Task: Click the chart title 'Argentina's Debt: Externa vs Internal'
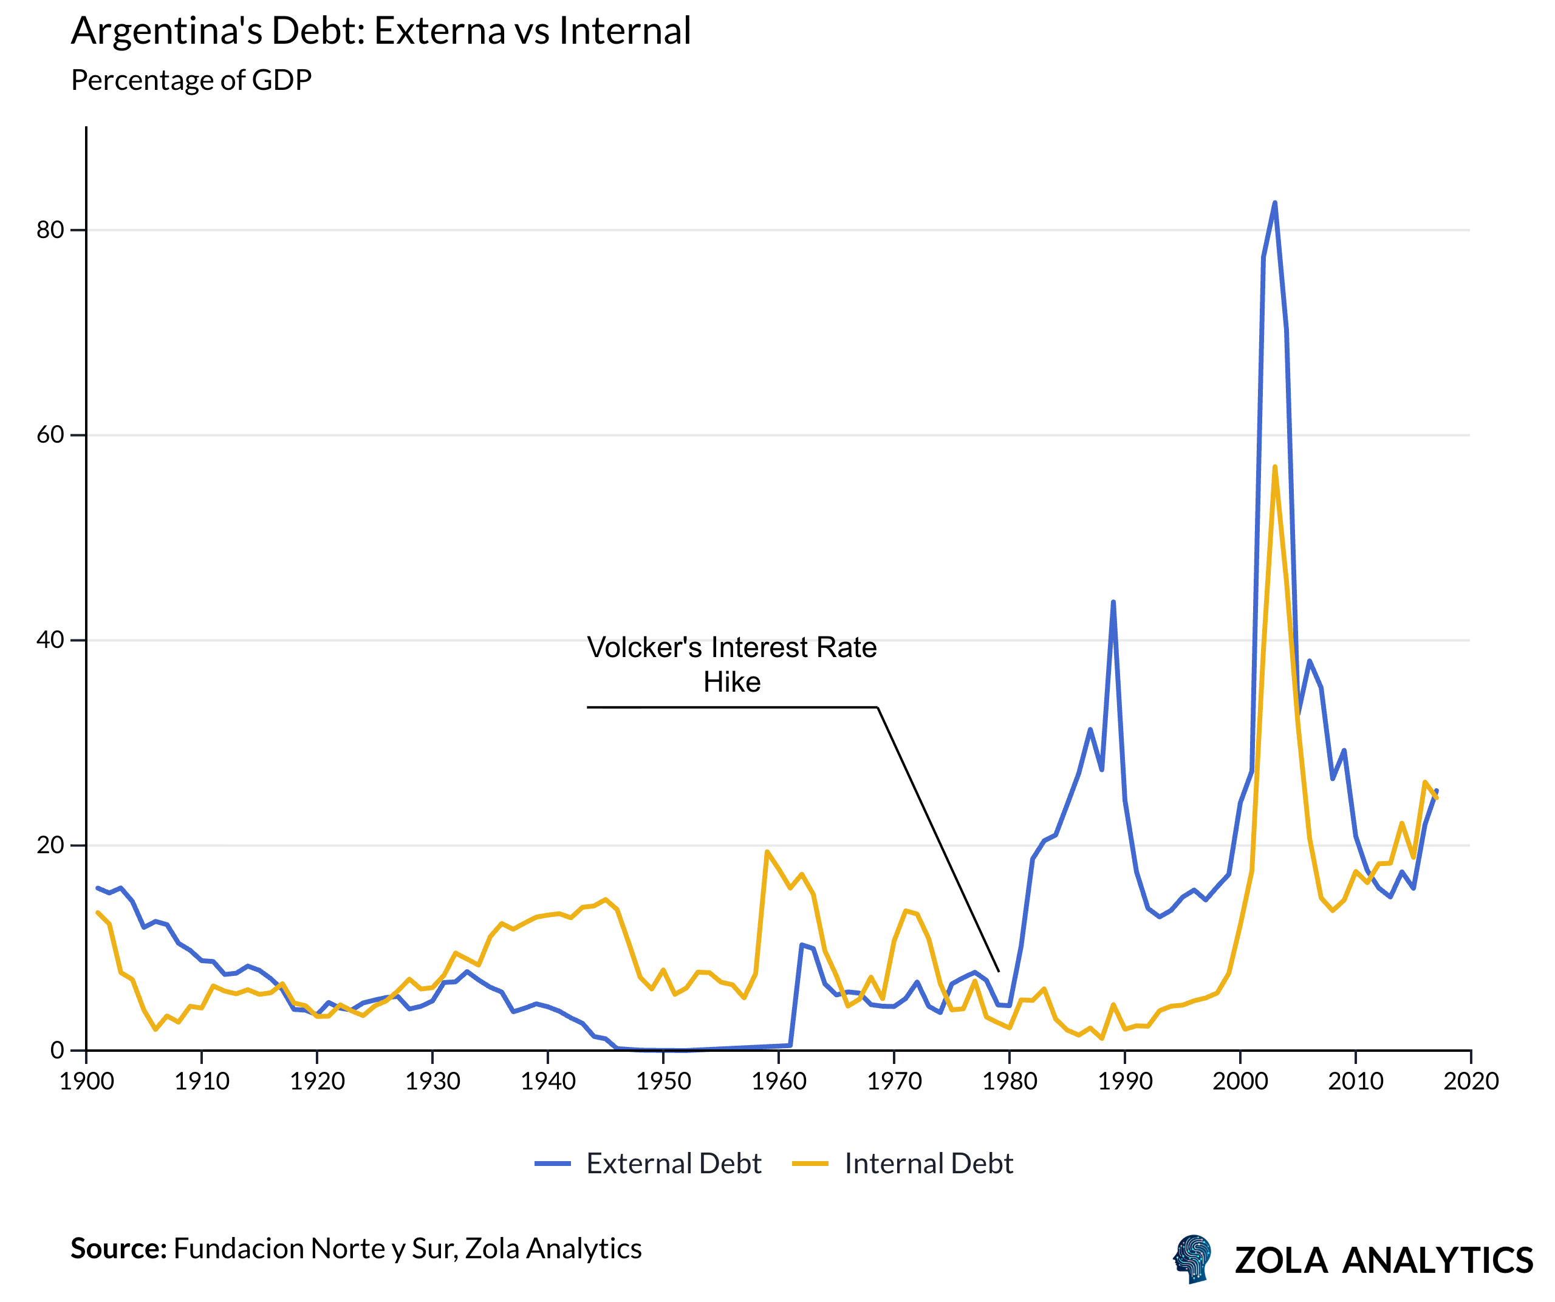pos(381,31)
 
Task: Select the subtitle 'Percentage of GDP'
pos(191,80)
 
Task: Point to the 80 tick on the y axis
pos(50,230)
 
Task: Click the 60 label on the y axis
pos(50,435)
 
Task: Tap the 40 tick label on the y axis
pos(50,640)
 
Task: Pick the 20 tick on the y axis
pos(50,845)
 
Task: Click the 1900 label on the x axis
pos(87,1082)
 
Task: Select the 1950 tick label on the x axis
pos(663,1082)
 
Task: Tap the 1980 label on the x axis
pos(1010,1082)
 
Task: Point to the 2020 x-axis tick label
pos(1471,1082)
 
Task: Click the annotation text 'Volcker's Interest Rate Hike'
pos(731,664)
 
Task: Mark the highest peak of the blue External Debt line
pos(1274,202)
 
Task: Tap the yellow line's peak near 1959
pos(767,852)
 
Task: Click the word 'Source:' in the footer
pos(118,1249)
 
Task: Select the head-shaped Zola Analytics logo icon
pos(1193,1258)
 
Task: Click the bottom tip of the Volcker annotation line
pos(999,971)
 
